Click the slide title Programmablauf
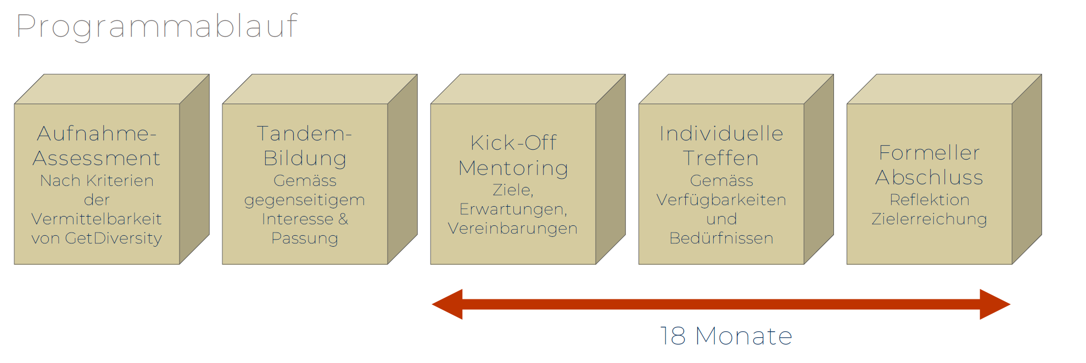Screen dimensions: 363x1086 coord(156,26)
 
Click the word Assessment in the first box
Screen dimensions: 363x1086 coord(97,158)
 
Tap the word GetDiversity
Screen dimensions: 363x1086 coord(113,239)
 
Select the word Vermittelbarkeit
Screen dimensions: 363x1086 coord(97,219)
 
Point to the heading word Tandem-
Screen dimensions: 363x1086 coord(304,134)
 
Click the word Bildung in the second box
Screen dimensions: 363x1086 coord(305,158)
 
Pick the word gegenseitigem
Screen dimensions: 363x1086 coord(305,200)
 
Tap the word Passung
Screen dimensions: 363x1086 coord(305,239)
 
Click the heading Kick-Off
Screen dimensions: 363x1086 coord(513,143)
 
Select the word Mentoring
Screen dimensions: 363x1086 coord(513,168)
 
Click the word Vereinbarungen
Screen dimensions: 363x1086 coord(513,229)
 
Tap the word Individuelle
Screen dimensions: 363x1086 coord(721,134)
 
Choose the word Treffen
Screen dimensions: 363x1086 coord(721,158)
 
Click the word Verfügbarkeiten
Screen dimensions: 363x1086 coord(721,200)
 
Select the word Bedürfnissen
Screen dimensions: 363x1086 coord(721,239)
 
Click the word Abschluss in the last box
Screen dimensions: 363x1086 coord(929,178)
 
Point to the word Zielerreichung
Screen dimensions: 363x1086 coord(929,219)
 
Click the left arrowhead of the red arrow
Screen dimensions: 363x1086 coord(448,304)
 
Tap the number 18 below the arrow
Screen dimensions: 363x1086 coord(673,336)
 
